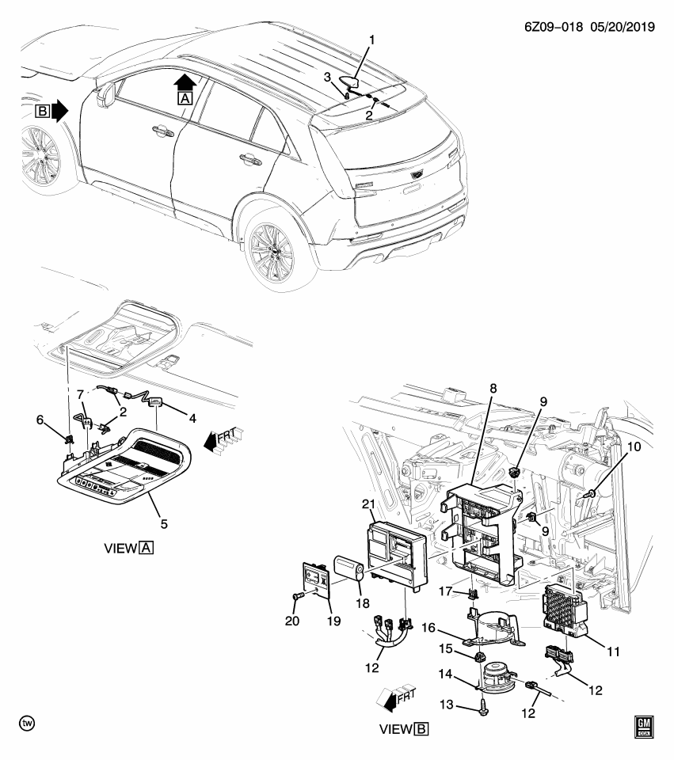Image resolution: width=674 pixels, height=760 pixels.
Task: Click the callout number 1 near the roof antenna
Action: click(x=371, y=39)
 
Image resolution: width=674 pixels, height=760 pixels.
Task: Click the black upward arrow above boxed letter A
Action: click(x=185, y=81)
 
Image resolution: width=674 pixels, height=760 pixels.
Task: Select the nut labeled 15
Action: click(x=479, y=656)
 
